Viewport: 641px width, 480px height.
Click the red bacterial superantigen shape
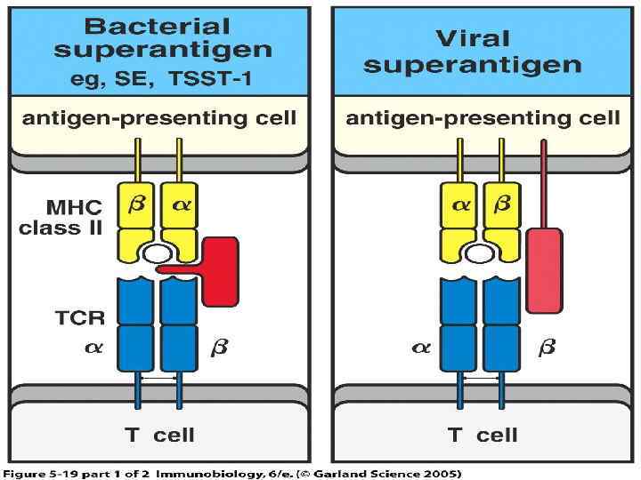(219, 270)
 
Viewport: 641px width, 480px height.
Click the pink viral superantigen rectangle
(543, 270)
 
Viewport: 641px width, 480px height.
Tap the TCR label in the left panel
(81, 317)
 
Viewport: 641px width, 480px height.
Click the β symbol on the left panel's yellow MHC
(136, 204)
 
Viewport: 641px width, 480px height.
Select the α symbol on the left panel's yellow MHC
(182, 205)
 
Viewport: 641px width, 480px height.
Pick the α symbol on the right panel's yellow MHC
(460, 205)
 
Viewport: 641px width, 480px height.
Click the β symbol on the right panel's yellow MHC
(502, 204)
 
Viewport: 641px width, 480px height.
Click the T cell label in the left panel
(159, 435)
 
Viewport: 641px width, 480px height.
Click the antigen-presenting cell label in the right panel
(483, 118)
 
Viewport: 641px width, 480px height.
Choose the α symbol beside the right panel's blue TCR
(420, 348)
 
